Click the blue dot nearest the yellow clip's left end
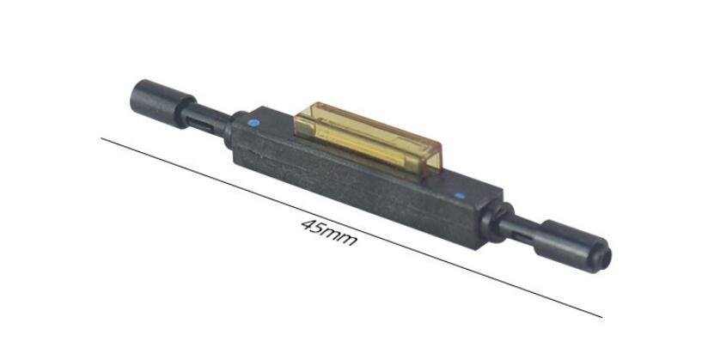click(253, 122)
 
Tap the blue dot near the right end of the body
click(460, 196)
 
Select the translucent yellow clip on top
click(368, 139)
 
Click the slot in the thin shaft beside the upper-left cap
click(199, 125)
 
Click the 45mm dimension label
click(329, 232)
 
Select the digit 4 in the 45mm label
click(308, 224)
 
